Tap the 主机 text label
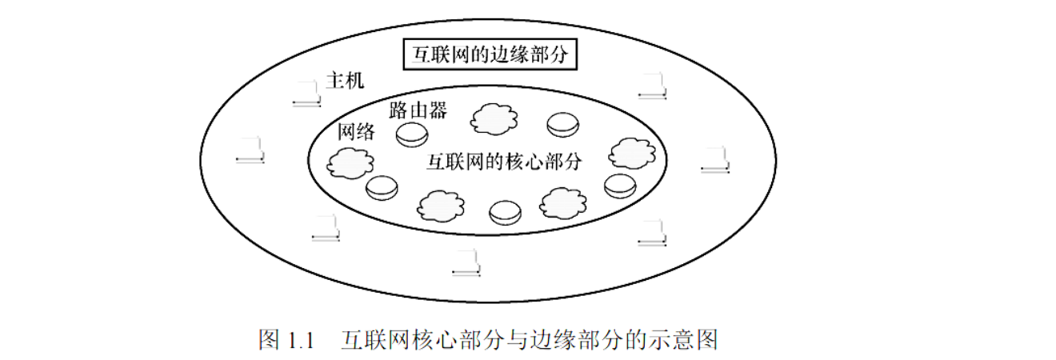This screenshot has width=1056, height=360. pos(345,81)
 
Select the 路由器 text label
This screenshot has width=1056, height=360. pos(418,110)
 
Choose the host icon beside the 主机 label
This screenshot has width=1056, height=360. pos(306,94)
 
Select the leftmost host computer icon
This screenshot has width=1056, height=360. pos(250,151)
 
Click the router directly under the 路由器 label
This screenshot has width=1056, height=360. pos(412,134)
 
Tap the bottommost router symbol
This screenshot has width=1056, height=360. pos(505,212)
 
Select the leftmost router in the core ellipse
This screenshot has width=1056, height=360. pos(381,188)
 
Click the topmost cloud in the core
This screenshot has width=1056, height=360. pos(493,120)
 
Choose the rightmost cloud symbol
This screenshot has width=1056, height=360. pos(632,153)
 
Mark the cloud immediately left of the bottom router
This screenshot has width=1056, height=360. pos(440,206)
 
